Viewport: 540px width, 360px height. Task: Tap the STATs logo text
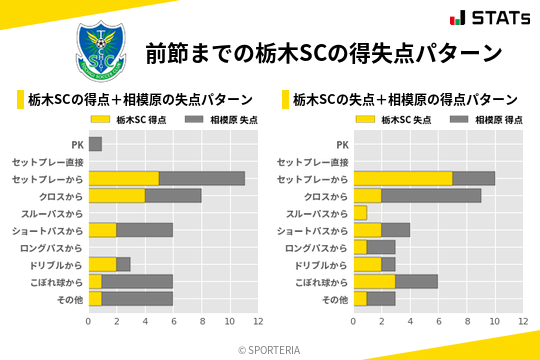(x=504, y=18)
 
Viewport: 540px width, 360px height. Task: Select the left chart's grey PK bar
(x=95, y=144)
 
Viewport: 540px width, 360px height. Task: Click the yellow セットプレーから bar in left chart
(x=124, y=178)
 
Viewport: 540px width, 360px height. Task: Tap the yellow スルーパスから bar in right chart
(x=360, y=213)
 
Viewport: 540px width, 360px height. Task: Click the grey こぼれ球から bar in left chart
(x=138, y=281)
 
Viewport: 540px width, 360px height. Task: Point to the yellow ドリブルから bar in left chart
(x=102, y=264)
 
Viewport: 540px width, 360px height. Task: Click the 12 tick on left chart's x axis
(x=258, y=321)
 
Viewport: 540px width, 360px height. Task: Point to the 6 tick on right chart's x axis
(x=438, y=321)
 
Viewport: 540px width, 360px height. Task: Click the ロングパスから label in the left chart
(x=49, y=247)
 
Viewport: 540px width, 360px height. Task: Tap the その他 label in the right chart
(x=333, y=298)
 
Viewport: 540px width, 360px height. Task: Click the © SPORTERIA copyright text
(x=269, y=350)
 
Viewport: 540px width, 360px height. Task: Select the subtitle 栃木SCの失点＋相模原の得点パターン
(x=405, y=99)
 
